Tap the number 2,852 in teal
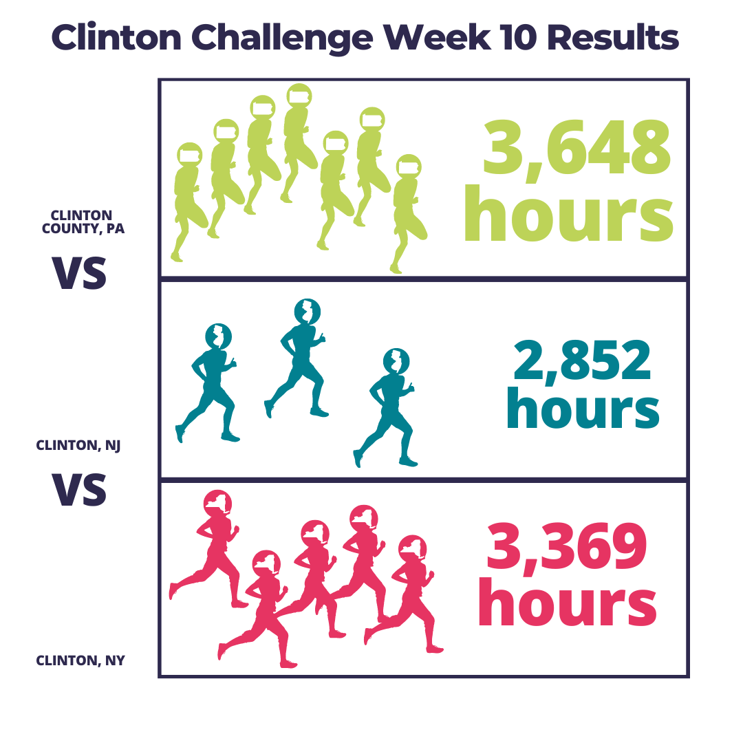(x=583, y=361)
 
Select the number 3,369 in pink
(x=567, y=549)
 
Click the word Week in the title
(x=438, y=37)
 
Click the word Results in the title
(x=613, y=37)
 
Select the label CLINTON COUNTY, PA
(x=83, y=222)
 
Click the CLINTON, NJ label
(x=78, y=445)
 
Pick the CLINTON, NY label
(x=80, y=660)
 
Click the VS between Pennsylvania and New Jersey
(x=79, y=273)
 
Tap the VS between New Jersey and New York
(x=79, y=490)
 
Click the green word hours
(x=569, y=214)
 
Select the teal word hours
(x=583, y=409)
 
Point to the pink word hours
(x=567, y=602)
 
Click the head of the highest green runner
(x=299, y=96)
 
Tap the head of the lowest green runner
(x=409, y=166)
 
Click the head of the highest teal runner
(x=307, y=312)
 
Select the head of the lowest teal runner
(x=396, y=362)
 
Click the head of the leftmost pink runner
(x=217, y=504)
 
